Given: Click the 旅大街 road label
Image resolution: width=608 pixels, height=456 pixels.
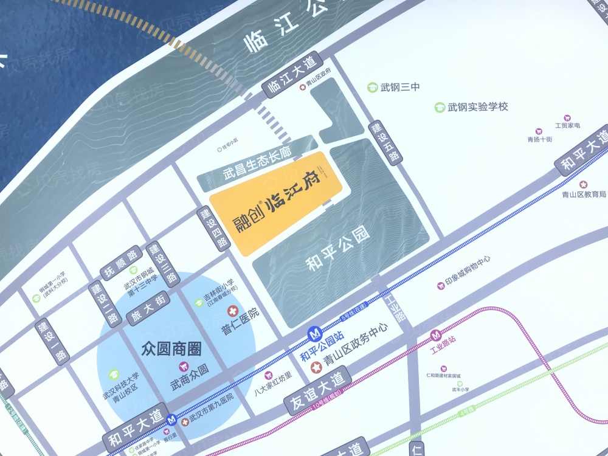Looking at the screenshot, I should pyautogui.click(x=147, y=308).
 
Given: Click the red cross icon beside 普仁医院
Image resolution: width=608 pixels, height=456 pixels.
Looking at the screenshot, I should pyautogui.click(x=232, y=312).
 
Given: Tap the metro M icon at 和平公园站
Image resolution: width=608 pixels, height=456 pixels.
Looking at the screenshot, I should pyautogui.click(x=314, y=334).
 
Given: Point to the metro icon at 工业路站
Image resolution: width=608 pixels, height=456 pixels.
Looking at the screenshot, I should pyautogui.click(x=436, y=335).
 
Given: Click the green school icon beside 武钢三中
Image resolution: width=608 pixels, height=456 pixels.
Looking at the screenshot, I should pyautogui.click(x=372, y=88).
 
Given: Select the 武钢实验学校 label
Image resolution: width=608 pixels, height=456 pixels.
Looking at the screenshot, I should pyautogui.click(x=477, y=107).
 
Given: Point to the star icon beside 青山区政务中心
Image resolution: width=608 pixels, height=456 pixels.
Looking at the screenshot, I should pyautogui.click(x=316, y=367).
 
